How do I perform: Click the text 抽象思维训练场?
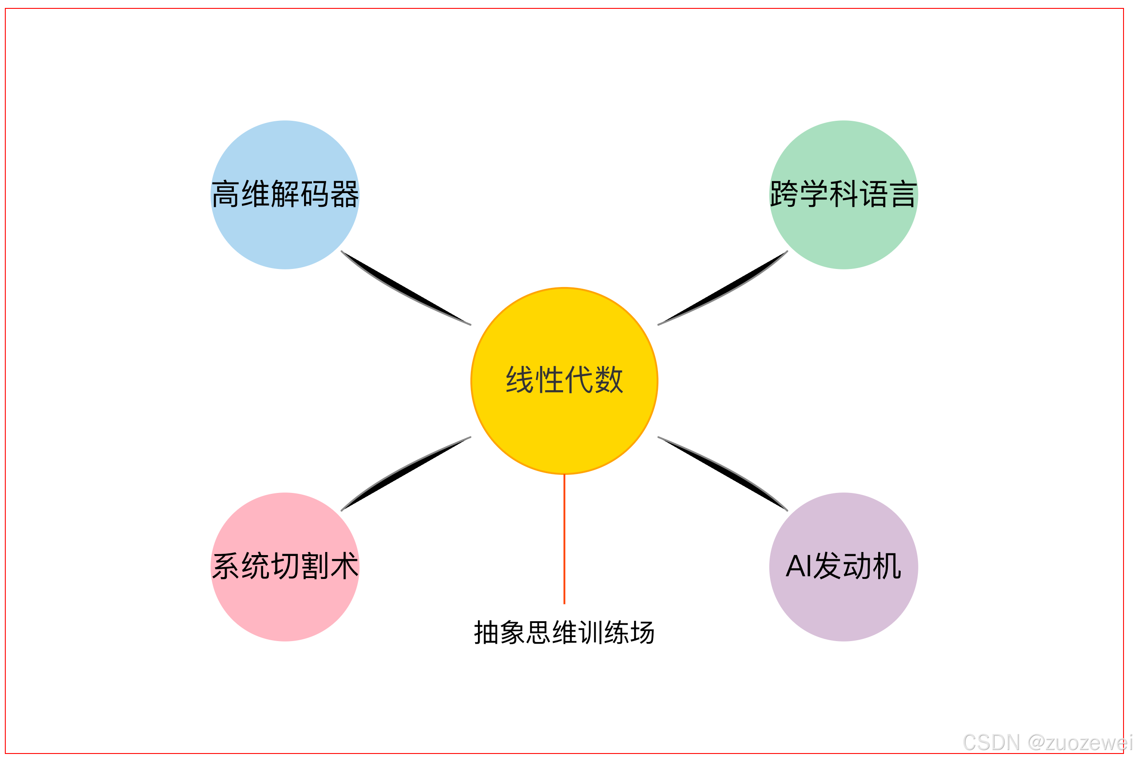564,633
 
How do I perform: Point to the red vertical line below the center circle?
564,539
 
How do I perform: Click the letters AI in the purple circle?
799,567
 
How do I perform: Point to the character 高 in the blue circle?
225,194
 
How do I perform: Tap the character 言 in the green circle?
903,194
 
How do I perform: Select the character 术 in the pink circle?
344,567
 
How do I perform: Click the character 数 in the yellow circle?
609,380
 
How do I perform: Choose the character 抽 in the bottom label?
487,633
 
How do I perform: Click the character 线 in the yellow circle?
520,380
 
